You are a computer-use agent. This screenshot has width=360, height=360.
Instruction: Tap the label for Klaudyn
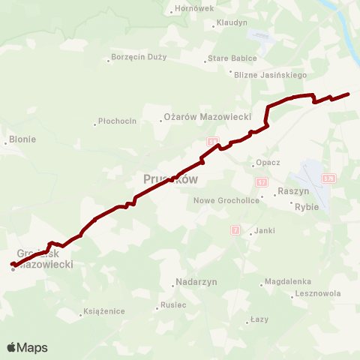(x=232, y=22)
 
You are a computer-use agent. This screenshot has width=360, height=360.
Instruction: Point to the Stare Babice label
(x=232, y=58)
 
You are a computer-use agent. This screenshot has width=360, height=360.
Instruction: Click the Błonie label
(x=21, y=139)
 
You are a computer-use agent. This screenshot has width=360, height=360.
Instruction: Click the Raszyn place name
(x=293, y=191)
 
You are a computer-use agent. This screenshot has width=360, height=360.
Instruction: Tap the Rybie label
(x=307, y=207)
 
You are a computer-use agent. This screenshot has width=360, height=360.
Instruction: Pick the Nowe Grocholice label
(x=226, y=200)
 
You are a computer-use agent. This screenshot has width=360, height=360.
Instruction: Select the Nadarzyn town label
(x=195, y=281)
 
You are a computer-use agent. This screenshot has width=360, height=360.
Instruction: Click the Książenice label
(x=103, y=310)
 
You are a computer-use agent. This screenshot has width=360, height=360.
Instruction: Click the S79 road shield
(x=328, y=178)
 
